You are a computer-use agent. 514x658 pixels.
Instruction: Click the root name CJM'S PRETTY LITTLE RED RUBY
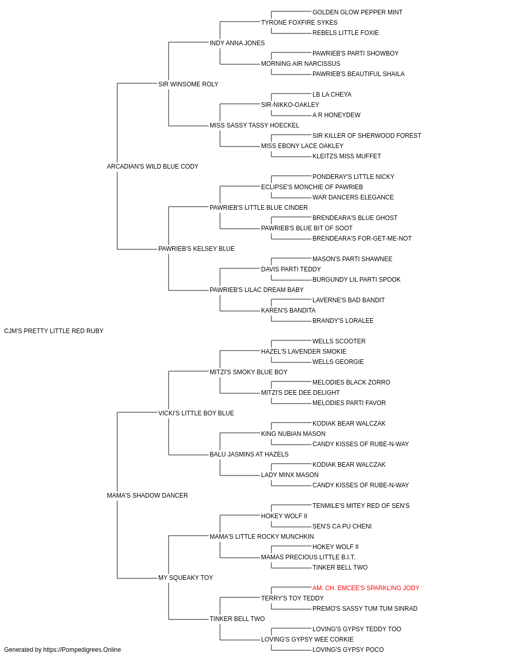(x=53, y=331)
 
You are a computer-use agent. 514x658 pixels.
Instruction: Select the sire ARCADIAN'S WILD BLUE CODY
(x=153, y=167)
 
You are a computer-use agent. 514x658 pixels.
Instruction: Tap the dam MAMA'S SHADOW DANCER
(x=147, y=496)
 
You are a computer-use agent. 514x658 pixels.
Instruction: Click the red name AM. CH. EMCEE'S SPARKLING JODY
(x=365, y=588)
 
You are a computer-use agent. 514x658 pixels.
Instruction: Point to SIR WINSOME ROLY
(x=188, y=84)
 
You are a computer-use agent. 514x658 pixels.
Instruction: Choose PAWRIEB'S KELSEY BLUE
(x=196, y=249)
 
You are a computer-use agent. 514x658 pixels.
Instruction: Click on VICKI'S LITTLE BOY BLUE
(x=196, y=413)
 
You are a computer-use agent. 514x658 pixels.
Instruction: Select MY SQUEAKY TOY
(x=185, y=578)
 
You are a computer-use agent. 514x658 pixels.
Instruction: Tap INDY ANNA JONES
(x=237, y=43)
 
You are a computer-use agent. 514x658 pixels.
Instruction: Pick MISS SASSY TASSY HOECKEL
(x=254, y=125)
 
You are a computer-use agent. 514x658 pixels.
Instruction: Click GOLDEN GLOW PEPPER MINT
(x=357, y=12)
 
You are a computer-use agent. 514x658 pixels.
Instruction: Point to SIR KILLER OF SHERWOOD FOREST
(x=366, y=136)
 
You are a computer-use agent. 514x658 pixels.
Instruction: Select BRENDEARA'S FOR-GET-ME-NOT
(x=362, y=239)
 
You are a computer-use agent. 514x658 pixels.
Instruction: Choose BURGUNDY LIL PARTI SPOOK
(x=356, y=280)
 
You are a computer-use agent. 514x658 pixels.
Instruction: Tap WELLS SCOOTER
(x=339, y=341)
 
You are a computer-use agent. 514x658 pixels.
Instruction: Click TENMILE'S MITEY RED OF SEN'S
(x=361, y=506)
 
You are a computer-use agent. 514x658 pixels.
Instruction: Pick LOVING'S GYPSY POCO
(x=348, y=650)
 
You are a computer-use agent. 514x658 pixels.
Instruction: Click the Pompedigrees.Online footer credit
(x=62, y=650)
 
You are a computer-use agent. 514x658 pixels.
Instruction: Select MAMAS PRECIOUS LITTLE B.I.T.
(x=308, y=557)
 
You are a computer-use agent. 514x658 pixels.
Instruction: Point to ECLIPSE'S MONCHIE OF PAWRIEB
(x=312, y=187)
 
